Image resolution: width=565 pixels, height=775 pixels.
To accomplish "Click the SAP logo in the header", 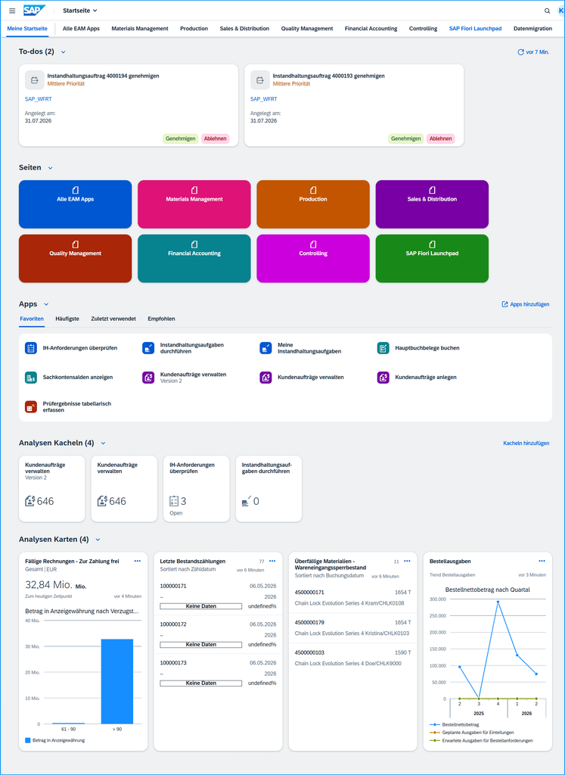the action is [x=35, y=11].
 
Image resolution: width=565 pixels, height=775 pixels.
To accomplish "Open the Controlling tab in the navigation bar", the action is [x=423, y=29].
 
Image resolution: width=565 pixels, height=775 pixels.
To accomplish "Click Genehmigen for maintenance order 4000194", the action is [x=180, y=139].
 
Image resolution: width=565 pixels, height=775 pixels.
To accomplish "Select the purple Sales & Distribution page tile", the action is [x=432, y=204].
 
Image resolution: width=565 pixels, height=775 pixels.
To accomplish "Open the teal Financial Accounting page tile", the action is [x=194, y=259].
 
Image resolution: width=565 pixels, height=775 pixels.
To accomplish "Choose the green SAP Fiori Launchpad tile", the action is [x=432, y=259].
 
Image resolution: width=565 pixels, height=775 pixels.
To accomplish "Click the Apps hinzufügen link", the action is [x=526, y=304].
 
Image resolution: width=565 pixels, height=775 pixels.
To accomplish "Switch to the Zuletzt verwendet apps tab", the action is [x=113, y=319].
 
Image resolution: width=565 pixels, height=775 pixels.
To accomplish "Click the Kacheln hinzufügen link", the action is [x=526, y=444].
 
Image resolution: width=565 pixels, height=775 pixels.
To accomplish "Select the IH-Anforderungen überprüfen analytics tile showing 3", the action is [x=197, y=489].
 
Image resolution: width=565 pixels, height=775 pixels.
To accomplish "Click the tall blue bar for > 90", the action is [x=117, y=682].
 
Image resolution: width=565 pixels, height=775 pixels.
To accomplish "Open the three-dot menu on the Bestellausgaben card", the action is [x=542, y=561].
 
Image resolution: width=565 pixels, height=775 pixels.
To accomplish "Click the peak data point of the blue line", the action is [x=498, y=602].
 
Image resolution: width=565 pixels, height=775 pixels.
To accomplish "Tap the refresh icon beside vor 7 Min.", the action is [x=520, y=52].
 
